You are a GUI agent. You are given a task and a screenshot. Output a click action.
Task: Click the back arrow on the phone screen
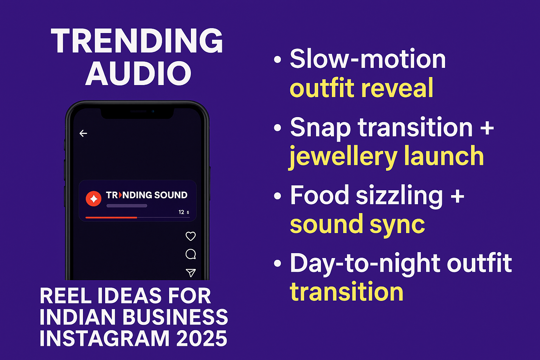point(83,133)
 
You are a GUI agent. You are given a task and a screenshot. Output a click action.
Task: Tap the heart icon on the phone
point(191,236)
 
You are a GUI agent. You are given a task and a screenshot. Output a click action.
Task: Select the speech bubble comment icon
point(191,254)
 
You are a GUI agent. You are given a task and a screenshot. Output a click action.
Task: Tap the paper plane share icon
point(191,273)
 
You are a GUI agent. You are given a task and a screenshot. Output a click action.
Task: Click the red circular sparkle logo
point(94,199)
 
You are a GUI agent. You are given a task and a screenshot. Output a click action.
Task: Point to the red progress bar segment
point(111,218)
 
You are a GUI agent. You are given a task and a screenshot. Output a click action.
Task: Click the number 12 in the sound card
point(181,212)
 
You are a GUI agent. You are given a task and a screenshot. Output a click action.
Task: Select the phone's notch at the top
point(137,113)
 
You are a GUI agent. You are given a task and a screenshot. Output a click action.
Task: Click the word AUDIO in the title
point(139,73)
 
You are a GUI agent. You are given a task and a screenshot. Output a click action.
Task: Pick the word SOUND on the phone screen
point(171,195)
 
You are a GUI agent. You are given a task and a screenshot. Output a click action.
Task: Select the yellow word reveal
point(397,88)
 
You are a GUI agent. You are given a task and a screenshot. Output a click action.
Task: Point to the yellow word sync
point(397,225)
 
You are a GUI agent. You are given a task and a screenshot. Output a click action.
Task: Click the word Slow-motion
point(368,59)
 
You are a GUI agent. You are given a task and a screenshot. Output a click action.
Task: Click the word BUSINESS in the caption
point(175,317)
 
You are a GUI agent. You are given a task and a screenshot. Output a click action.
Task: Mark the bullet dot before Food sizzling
point(277,196)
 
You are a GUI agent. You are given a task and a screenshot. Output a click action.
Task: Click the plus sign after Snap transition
point(487,128)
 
